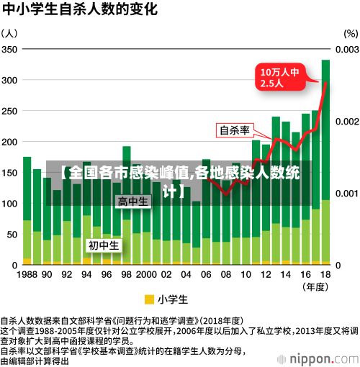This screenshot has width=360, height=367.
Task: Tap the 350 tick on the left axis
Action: coord(10,49)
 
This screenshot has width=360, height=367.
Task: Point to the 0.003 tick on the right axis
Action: coord(346,49)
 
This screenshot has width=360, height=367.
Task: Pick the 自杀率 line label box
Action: coord(234,130)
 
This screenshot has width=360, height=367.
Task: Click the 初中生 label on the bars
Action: coord(104,245)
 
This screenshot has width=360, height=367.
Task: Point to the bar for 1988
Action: coord(27,209)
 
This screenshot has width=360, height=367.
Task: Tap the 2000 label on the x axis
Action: coord(146,274)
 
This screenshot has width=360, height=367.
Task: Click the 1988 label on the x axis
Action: coord(27,274)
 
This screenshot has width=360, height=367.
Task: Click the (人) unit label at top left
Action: coord(10,33)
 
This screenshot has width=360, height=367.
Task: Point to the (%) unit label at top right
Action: coord(350,33)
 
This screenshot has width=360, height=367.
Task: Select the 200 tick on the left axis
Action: coord(10,142)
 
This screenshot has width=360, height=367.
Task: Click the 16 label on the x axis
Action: coord(305,274)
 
